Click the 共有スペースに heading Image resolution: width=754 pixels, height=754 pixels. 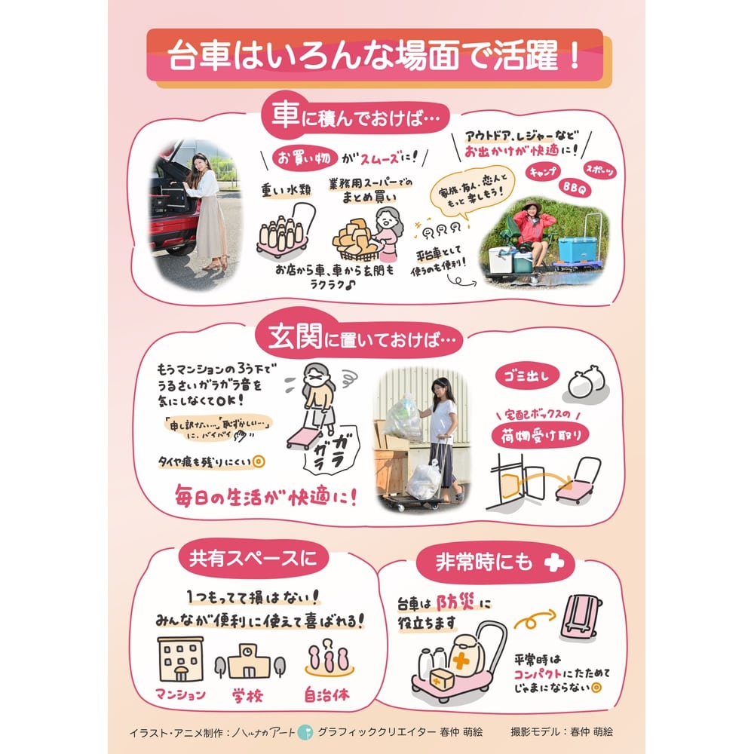tap(247, 559)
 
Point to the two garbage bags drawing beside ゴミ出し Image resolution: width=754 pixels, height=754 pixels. tap(587, 382)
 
